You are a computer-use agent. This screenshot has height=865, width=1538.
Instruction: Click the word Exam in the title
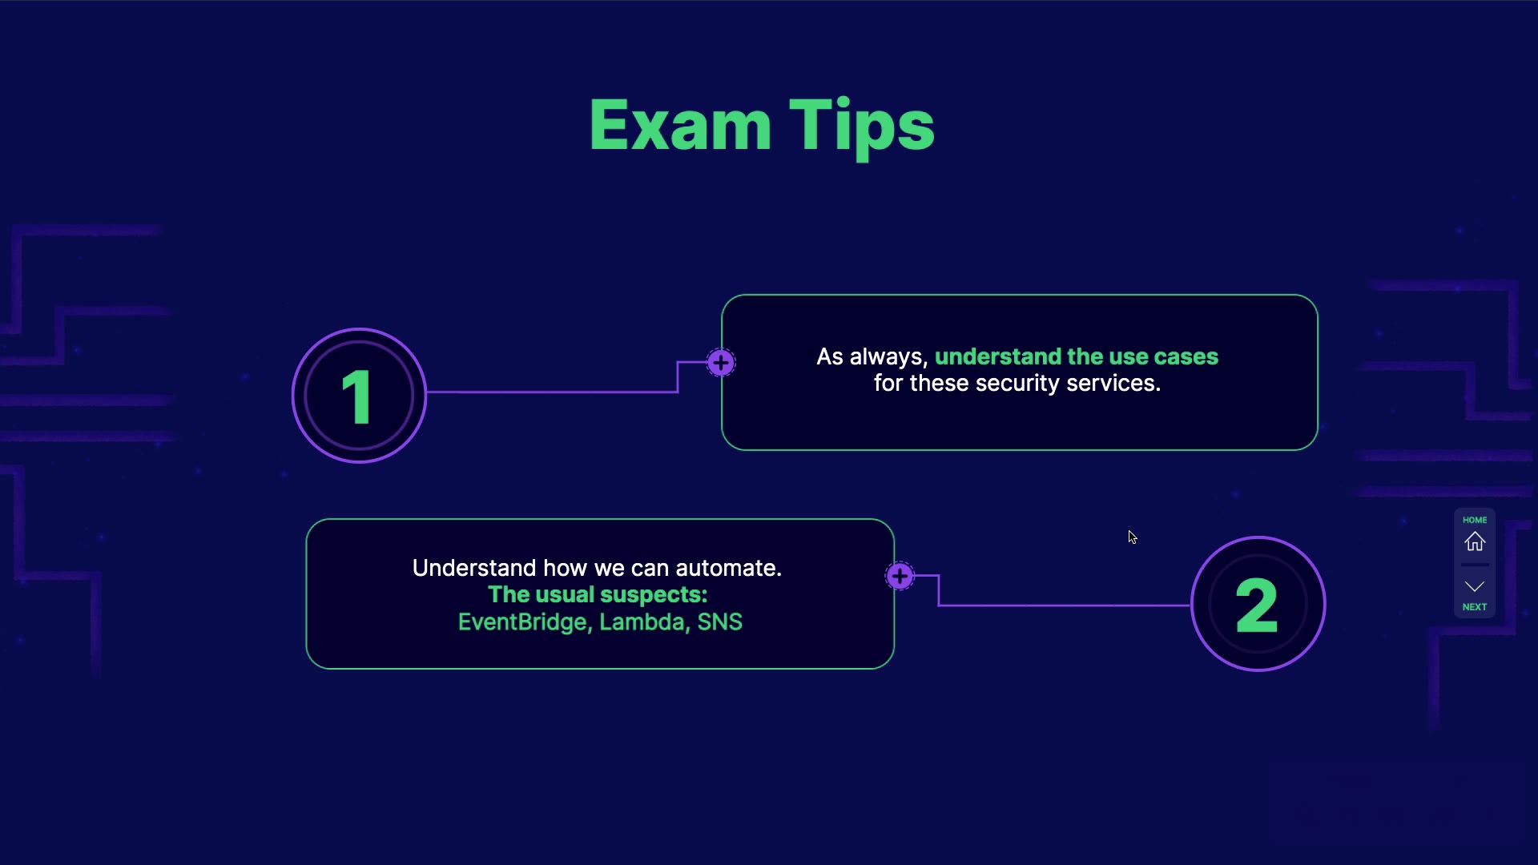pos(680,126)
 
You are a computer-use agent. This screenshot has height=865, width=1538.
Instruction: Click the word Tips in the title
pos(862,126)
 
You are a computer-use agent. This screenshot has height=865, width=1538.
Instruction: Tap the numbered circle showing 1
pos(359,396)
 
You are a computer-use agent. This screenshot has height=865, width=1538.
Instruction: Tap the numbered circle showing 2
pos(1258,604)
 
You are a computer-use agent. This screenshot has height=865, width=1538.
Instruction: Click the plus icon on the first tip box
pos(721,363)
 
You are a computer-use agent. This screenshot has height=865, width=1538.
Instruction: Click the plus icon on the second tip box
pos(900,576)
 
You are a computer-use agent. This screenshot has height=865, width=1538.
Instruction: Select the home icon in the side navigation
pos(1475,542)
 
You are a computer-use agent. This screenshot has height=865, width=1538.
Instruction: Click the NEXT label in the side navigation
pos(1475,607)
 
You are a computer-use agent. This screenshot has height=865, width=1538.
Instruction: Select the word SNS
pos(719,622)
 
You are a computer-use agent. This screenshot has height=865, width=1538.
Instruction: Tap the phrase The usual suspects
pos(598,594)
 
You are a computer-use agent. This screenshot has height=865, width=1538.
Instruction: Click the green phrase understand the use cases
pos(1076,356)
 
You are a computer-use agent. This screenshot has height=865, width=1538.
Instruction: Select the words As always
pos(872,356)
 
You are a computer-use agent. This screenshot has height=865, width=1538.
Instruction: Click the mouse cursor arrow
pos(1132,537)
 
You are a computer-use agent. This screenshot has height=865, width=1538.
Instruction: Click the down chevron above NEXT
pos(1475,586)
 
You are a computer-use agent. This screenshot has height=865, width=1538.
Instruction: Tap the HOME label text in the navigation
pos(1475,520)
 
